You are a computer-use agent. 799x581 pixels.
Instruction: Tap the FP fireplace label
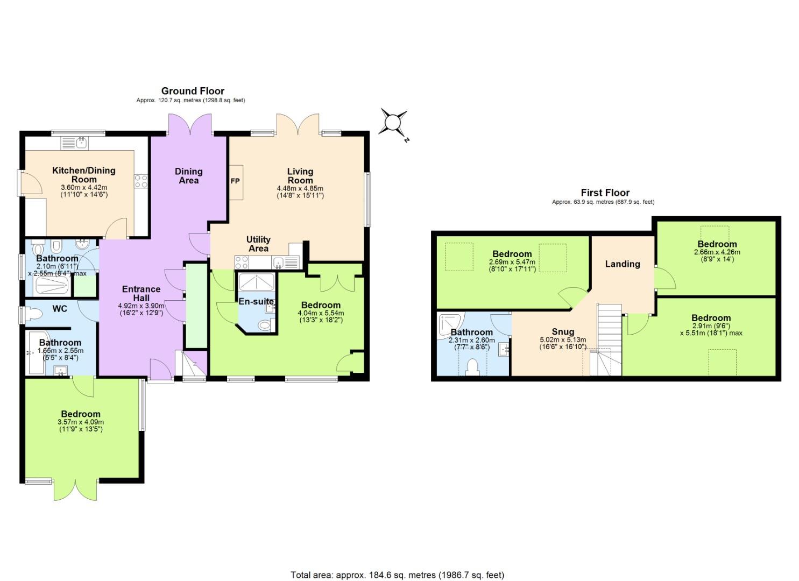[235, 181]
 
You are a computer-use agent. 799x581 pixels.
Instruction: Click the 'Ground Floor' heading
[193, 91]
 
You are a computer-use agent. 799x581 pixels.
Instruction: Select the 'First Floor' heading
[605, 193]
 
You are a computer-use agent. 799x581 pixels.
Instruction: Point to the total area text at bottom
[397, 575]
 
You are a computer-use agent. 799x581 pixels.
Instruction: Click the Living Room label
[300, 176]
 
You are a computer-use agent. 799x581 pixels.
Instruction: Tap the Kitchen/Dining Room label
[83, 175]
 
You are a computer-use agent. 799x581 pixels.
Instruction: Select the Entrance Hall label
[141, 293]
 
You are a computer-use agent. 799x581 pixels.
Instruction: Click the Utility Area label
[258, 244]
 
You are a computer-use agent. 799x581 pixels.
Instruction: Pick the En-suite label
[256, 302]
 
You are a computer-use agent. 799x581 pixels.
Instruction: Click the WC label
[60, 309]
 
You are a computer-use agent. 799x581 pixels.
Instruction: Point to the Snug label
[563, 332]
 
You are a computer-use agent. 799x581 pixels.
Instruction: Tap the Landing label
[622, 264]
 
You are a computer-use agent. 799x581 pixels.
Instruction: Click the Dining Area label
[188, 176]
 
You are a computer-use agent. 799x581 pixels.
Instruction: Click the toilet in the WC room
[34, 314]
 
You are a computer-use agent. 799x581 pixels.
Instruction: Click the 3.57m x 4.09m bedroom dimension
[81, 422]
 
